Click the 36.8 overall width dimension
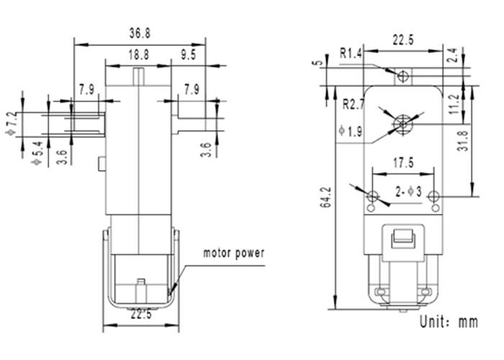(x=140, y=33)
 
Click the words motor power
(x=234, y=253)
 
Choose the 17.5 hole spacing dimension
(x=402, y=163)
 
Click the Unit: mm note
(x=447, y=322)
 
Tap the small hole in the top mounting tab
(x=404, y=75)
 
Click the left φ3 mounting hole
(x=372, y=197)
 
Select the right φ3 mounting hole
(x=433, y=197)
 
